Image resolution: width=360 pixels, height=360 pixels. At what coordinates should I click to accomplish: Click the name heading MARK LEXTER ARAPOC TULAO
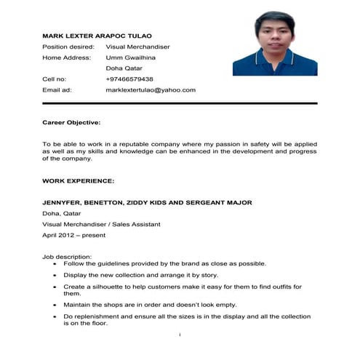coord(97,36)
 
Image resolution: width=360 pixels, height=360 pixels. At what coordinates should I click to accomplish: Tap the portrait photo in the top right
coord(274,43)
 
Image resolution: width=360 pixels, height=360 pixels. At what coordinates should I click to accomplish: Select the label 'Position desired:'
coord(68,47)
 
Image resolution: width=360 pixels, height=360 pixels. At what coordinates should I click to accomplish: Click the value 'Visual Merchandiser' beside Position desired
coord(137,47)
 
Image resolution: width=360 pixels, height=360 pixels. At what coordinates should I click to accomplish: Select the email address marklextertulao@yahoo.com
coord(151,89)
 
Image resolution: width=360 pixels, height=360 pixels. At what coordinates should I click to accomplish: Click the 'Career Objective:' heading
coord(71,124)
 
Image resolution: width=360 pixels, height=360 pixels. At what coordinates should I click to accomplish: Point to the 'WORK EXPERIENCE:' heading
coord(78,180)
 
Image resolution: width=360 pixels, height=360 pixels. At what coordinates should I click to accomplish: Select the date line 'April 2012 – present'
coord(75,236)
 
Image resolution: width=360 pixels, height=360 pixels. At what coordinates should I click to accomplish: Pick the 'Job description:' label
coord(67,257)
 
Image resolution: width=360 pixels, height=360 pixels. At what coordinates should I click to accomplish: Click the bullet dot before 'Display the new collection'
coord(56,276)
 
